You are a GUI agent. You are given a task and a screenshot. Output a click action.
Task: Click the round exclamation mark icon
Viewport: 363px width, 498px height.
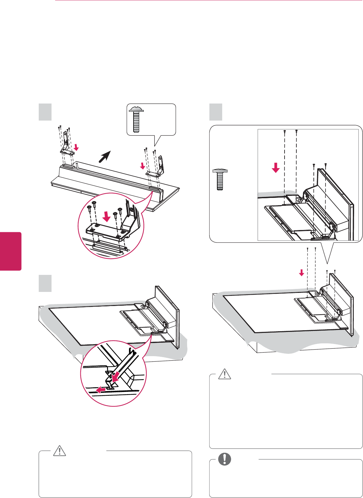pyautogui.click(x=224, y=459)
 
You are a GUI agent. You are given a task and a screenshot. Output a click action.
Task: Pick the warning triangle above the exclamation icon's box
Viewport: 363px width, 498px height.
pyautogui.click(x=225, y=374)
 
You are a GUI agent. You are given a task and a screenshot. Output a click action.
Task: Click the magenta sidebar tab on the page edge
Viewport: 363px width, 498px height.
pyautogui.click(x=11, y=251)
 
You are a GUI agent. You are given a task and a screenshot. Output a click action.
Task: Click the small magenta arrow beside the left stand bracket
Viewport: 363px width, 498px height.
pyautogui.click(x=76, y=148)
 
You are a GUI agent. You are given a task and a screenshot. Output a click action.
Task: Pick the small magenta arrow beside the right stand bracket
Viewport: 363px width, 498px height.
pyautogui.click(x=142, y=166)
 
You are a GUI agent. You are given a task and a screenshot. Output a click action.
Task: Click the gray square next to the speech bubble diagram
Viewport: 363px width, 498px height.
pyautogui.click(x=45, y=112)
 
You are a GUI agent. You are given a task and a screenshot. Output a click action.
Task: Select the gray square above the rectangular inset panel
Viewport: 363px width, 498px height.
pyautogui.click(x=216, y=112)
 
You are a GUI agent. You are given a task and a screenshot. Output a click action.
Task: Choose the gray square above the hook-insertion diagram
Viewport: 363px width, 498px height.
pyautogui.click(x=45, y=283)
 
